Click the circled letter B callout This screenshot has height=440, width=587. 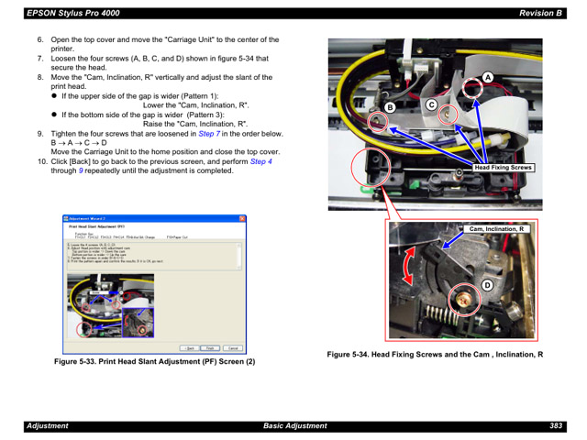click(x=389, y=108)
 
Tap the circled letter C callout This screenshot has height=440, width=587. click(x=429, y=106)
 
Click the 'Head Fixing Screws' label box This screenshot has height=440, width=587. click(x=503, y=168)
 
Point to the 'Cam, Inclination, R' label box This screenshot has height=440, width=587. click(x=496, y=229)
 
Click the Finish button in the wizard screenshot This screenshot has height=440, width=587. click(x=210, y=348)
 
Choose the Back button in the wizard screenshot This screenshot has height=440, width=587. click(x=188, y=348)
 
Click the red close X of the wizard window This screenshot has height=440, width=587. click(x=242, y=219)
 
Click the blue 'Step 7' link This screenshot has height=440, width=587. click(x=212, y=134)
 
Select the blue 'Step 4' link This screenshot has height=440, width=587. click(x=261, y=161)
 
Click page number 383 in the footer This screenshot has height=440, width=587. click(x=556, y=426)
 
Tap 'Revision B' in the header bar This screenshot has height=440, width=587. click(x=539, y=13)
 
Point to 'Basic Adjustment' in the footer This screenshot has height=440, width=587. click(x=294, y=426)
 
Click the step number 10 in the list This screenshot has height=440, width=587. click(x=41, y=161)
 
